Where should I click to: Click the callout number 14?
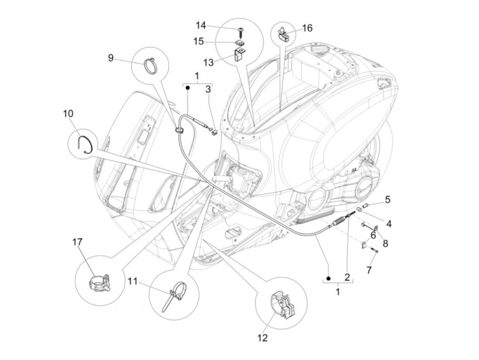(x=201, y=25)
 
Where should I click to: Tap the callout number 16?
(x=307, y=28)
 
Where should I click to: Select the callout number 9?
(x=111, y=58)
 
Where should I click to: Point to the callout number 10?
(x=68, y=113)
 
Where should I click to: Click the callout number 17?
(x=77, y=242)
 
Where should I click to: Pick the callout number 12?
(x=262, y=338)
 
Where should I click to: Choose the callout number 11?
(x=132, y=281)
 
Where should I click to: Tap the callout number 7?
(x=368, y=270)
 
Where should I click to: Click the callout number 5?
(x=387, y=199)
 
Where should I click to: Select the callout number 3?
(x=208, y=90)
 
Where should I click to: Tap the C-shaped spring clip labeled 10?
(x=84, y=144)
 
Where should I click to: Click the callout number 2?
(x=347, y=277)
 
